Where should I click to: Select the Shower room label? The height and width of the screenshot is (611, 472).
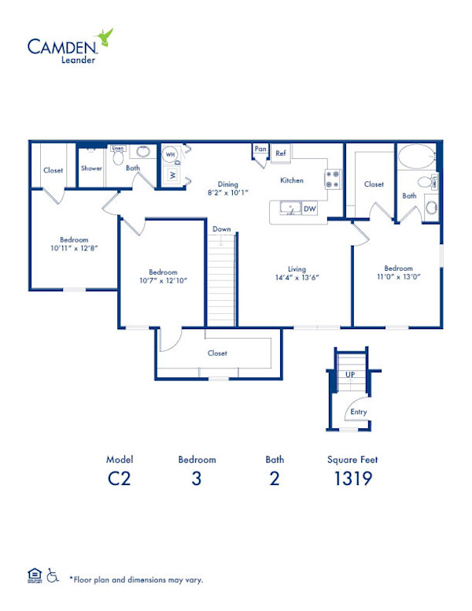tap(91, 168)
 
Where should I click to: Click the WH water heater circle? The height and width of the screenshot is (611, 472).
tap(170, 155)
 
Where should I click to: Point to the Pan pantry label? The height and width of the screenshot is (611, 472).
tap(259, 148)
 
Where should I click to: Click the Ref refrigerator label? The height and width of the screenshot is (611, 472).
tap(281, 154)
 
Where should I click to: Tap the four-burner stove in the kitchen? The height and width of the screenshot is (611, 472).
tap(332, 179)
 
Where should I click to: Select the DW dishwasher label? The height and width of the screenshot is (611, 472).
tap(310, 209)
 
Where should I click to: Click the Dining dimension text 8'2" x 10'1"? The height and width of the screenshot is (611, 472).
tap(227, 192)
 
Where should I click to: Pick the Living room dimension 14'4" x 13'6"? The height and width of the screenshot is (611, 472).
tap(296, 277)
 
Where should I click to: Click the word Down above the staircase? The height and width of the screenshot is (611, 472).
tap(222, 229)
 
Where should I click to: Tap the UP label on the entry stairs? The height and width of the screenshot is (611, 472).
tap(349, 375)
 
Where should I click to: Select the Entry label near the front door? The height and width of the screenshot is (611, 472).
tap(358, 411)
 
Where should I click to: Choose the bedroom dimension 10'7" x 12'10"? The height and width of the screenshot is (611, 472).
tap(163, 280)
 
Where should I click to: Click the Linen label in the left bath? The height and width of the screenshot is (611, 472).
tap(117, 147)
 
